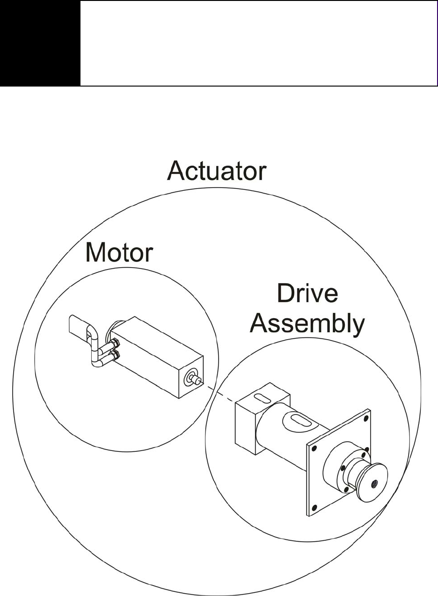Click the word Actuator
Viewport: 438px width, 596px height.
coord(217,171)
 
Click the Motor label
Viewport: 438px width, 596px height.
coord(119,253)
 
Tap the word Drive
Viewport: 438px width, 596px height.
coord(307,293)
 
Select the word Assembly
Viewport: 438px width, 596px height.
coord(307,324)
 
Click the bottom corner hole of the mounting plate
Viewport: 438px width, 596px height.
coord(314,508)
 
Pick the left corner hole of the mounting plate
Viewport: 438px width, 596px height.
coord(314,448)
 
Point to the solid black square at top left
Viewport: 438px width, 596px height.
coord(40,43)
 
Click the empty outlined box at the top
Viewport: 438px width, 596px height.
coord(258,43)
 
